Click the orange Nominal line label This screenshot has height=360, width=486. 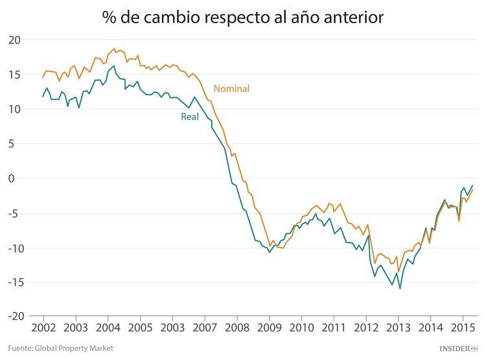(231, 89)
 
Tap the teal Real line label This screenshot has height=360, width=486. (190, 117)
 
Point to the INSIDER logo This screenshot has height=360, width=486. (458, 348)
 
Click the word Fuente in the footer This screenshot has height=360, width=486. (22, 348)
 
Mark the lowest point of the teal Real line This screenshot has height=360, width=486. (400, 289)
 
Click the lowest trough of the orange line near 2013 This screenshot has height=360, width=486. (399, 271)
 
